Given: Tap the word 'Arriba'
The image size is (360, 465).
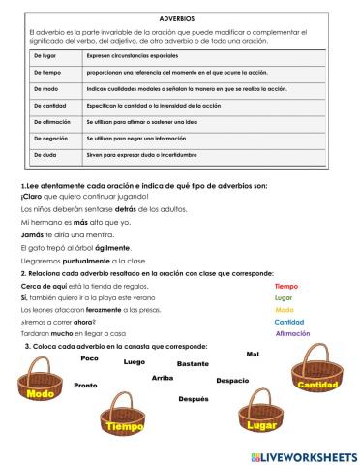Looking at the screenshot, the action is pyautogui.click(x=163, y=378).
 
